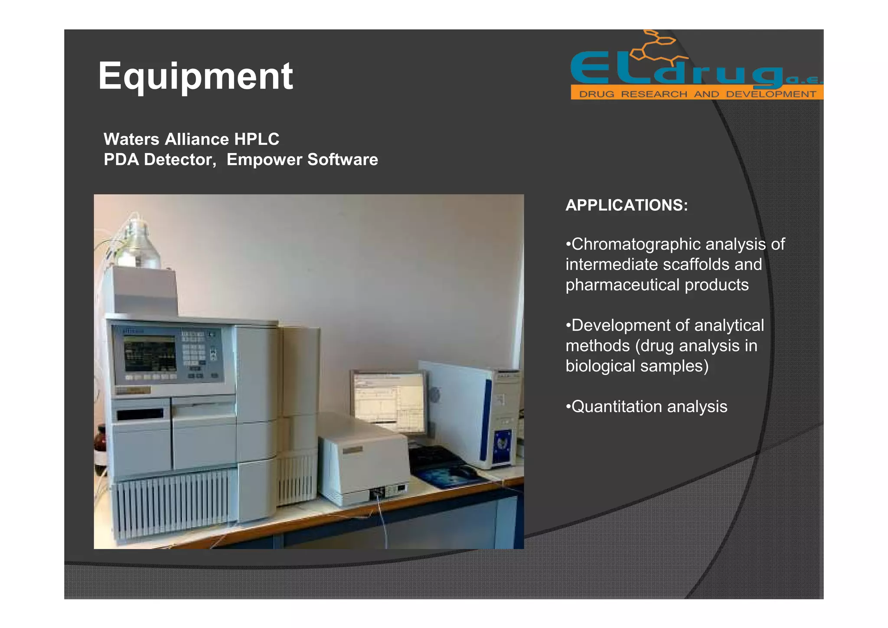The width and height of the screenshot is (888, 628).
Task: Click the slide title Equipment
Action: point(195,76)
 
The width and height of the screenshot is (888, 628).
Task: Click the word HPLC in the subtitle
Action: point(256,139)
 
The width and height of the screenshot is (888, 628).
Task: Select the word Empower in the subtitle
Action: point(264,160)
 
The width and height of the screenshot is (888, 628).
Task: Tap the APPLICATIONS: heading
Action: point(626,205)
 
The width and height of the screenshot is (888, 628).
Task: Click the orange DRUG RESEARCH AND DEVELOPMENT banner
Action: point(696,94)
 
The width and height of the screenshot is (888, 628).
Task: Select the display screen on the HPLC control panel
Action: point(150,353)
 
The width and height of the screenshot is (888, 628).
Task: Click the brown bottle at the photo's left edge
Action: point(100,447)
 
